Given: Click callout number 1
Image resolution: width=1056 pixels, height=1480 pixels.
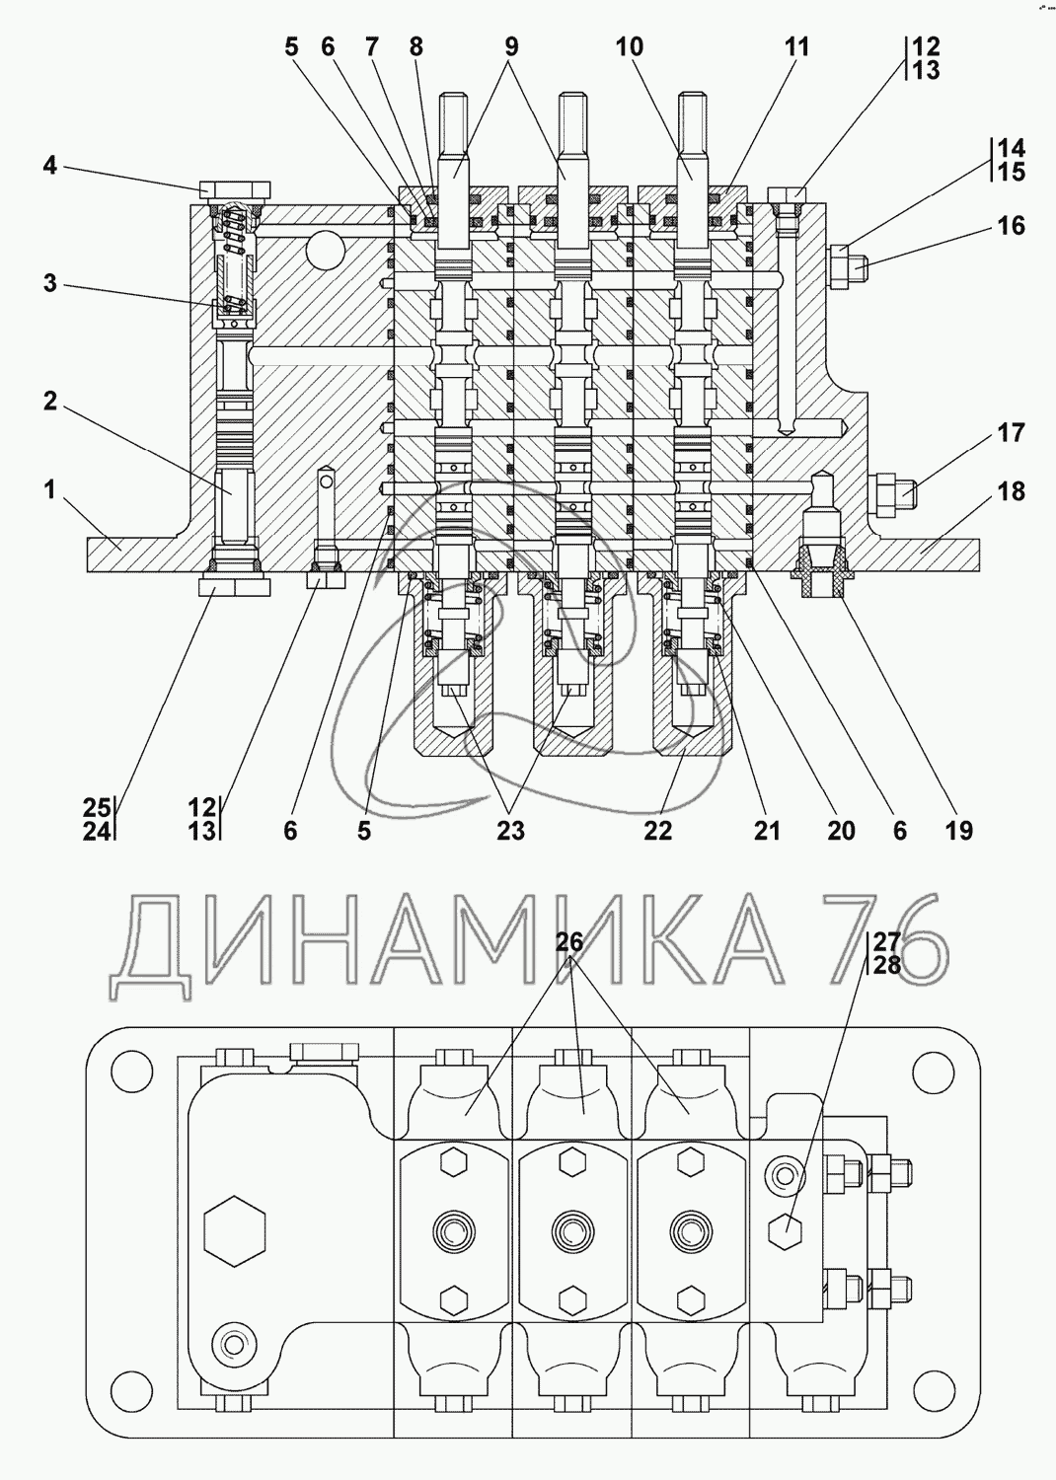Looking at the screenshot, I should (49, 488).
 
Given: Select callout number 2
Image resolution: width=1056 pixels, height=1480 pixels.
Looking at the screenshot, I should (49, 402).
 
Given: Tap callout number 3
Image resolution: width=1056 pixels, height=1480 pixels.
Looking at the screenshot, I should (49, 285).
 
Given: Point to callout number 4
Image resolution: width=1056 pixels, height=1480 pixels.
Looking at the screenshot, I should (49, 165).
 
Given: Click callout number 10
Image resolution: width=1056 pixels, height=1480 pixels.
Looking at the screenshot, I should (629, 46).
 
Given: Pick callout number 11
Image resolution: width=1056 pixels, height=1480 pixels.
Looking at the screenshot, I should (796, 46).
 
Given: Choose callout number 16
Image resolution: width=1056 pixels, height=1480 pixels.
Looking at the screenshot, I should (1011, 226).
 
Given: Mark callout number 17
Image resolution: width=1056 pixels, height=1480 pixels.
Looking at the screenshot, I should (1011, 432).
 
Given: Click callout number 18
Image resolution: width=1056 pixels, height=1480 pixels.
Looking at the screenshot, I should (1011, 490).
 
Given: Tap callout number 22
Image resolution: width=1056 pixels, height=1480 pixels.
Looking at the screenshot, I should (657, 831).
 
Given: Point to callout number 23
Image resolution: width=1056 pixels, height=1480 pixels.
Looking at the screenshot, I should (510, 831).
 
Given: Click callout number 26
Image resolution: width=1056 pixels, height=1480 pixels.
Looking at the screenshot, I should (569, 942).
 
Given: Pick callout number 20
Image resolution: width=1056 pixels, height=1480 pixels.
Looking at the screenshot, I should (841, 831).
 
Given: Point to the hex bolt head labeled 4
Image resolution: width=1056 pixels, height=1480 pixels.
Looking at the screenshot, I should (234, 188).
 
